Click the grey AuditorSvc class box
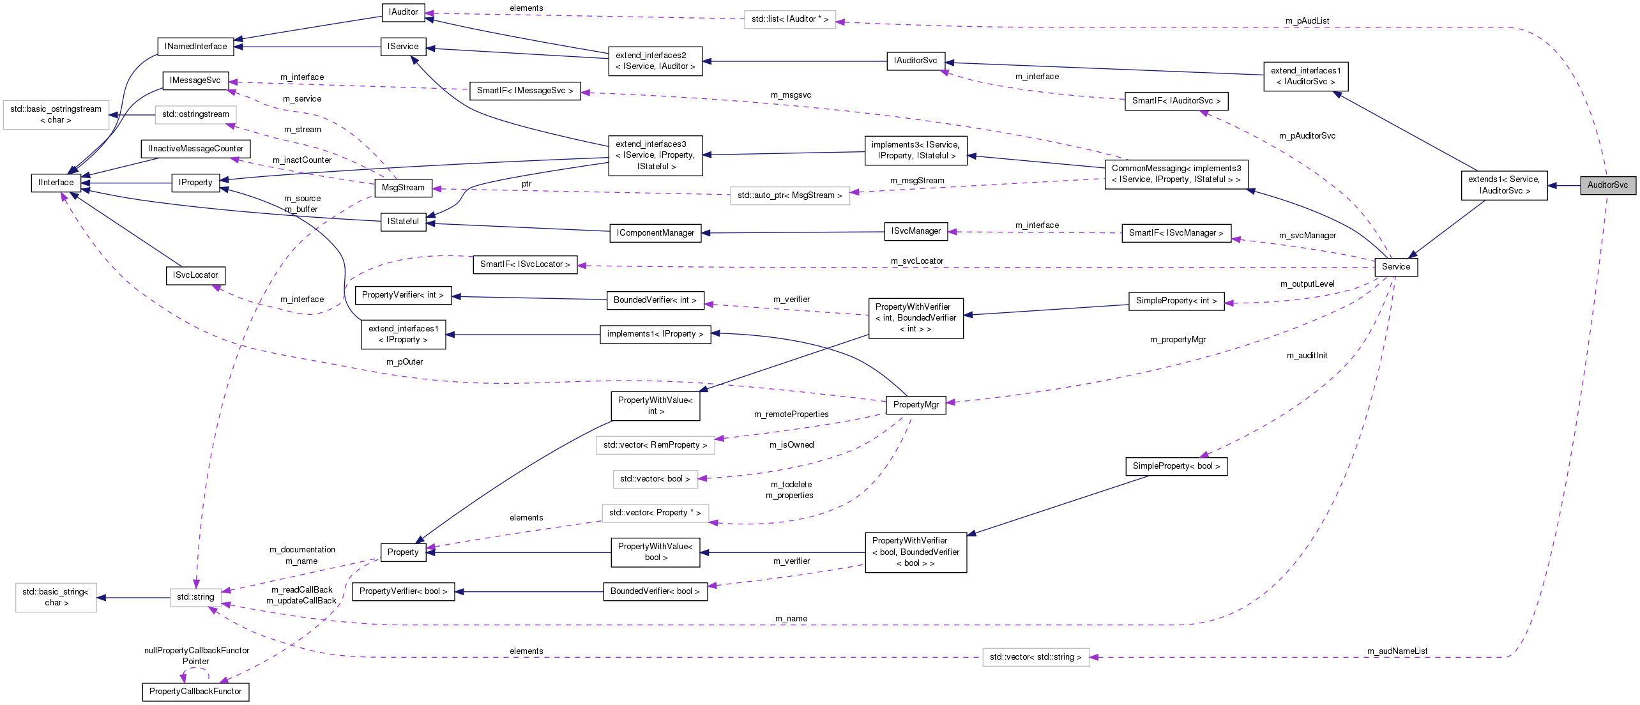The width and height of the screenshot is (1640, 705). (1607, 185)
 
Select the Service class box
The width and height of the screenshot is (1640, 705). (1395, 267)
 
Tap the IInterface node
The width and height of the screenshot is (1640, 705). (56, 183)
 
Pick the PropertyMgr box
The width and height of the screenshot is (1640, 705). (916, 405)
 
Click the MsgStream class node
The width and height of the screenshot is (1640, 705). (403, 188)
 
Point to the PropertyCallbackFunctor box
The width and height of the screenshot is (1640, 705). (195, 692)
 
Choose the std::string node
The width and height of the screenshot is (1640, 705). (195, 597)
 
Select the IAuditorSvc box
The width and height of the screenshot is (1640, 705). (915, 61)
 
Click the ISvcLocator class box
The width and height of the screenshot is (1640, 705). (195, 275)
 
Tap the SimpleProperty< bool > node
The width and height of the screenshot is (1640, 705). (1176, 466)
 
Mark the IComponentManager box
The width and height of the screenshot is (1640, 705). (655, 233)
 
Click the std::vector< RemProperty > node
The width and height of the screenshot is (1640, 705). (655, 445)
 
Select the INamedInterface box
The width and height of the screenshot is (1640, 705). (195, 47)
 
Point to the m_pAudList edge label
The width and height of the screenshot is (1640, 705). (1307, 21)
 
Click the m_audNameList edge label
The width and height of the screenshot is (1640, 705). (1397, 651)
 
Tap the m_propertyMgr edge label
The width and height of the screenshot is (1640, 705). (1178, 340)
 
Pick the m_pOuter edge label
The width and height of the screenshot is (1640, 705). (404, 362)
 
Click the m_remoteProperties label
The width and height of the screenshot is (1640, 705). (791, 414)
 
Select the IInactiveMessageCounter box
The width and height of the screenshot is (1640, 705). (195, 149)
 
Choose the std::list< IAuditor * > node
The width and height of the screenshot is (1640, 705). (789, 19)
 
